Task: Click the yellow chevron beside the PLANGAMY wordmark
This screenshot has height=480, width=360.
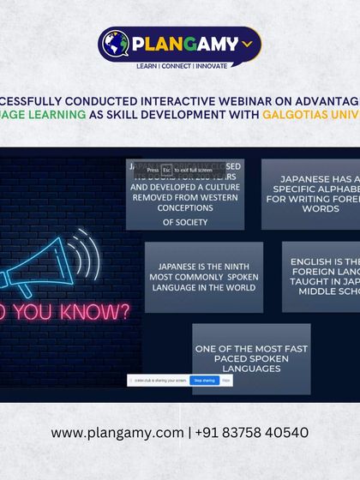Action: (x=247, y=42)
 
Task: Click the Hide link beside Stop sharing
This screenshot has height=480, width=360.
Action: (x=226, y=380)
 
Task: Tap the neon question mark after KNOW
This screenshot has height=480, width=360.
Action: (x=125, y=311)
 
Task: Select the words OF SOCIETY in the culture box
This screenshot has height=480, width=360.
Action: (x=185, y=223)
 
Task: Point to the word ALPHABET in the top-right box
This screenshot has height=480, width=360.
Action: (x=324, y=189)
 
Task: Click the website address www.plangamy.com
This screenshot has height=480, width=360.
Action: (x=117, y=433)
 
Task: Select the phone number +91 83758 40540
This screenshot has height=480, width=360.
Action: (x=254, y=433)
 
